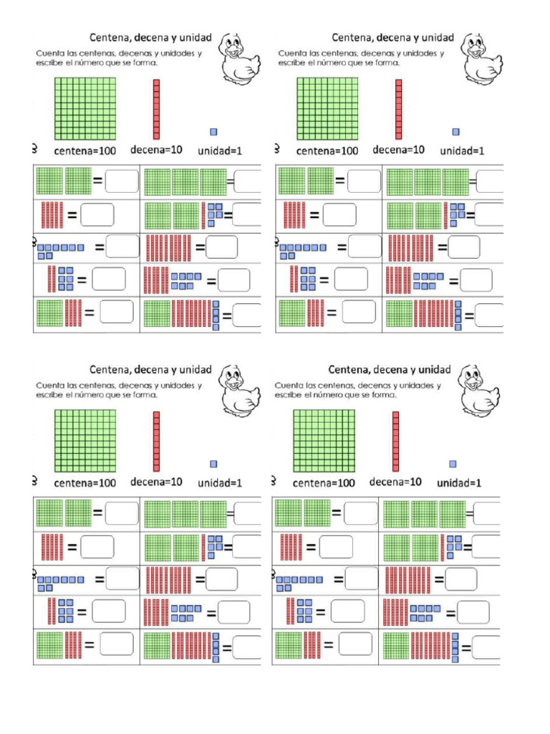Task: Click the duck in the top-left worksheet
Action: pos(238,58)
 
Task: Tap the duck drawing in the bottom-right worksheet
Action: pos(478,391)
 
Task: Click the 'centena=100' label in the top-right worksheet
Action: pos(327,151)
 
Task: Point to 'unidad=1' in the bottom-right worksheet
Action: pos(459,483)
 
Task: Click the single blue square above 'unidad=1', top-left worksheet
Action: pos(213,131)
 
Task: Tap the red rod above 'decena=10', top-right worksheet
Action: pos(399,109)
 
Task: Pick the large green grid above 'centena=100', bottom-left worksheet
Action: pos(85,440)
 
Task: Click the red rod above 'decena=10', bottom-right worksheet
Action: pos(395,441)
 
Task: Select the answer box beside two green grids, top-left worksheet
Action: pos(122,181)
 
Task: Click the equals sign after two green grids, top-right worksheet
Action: pos(339,181)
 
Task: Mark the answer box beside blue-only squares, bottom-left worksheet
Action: pos(122,578)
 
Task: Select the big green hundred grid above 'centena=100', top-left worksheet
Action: pos(85,109)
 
